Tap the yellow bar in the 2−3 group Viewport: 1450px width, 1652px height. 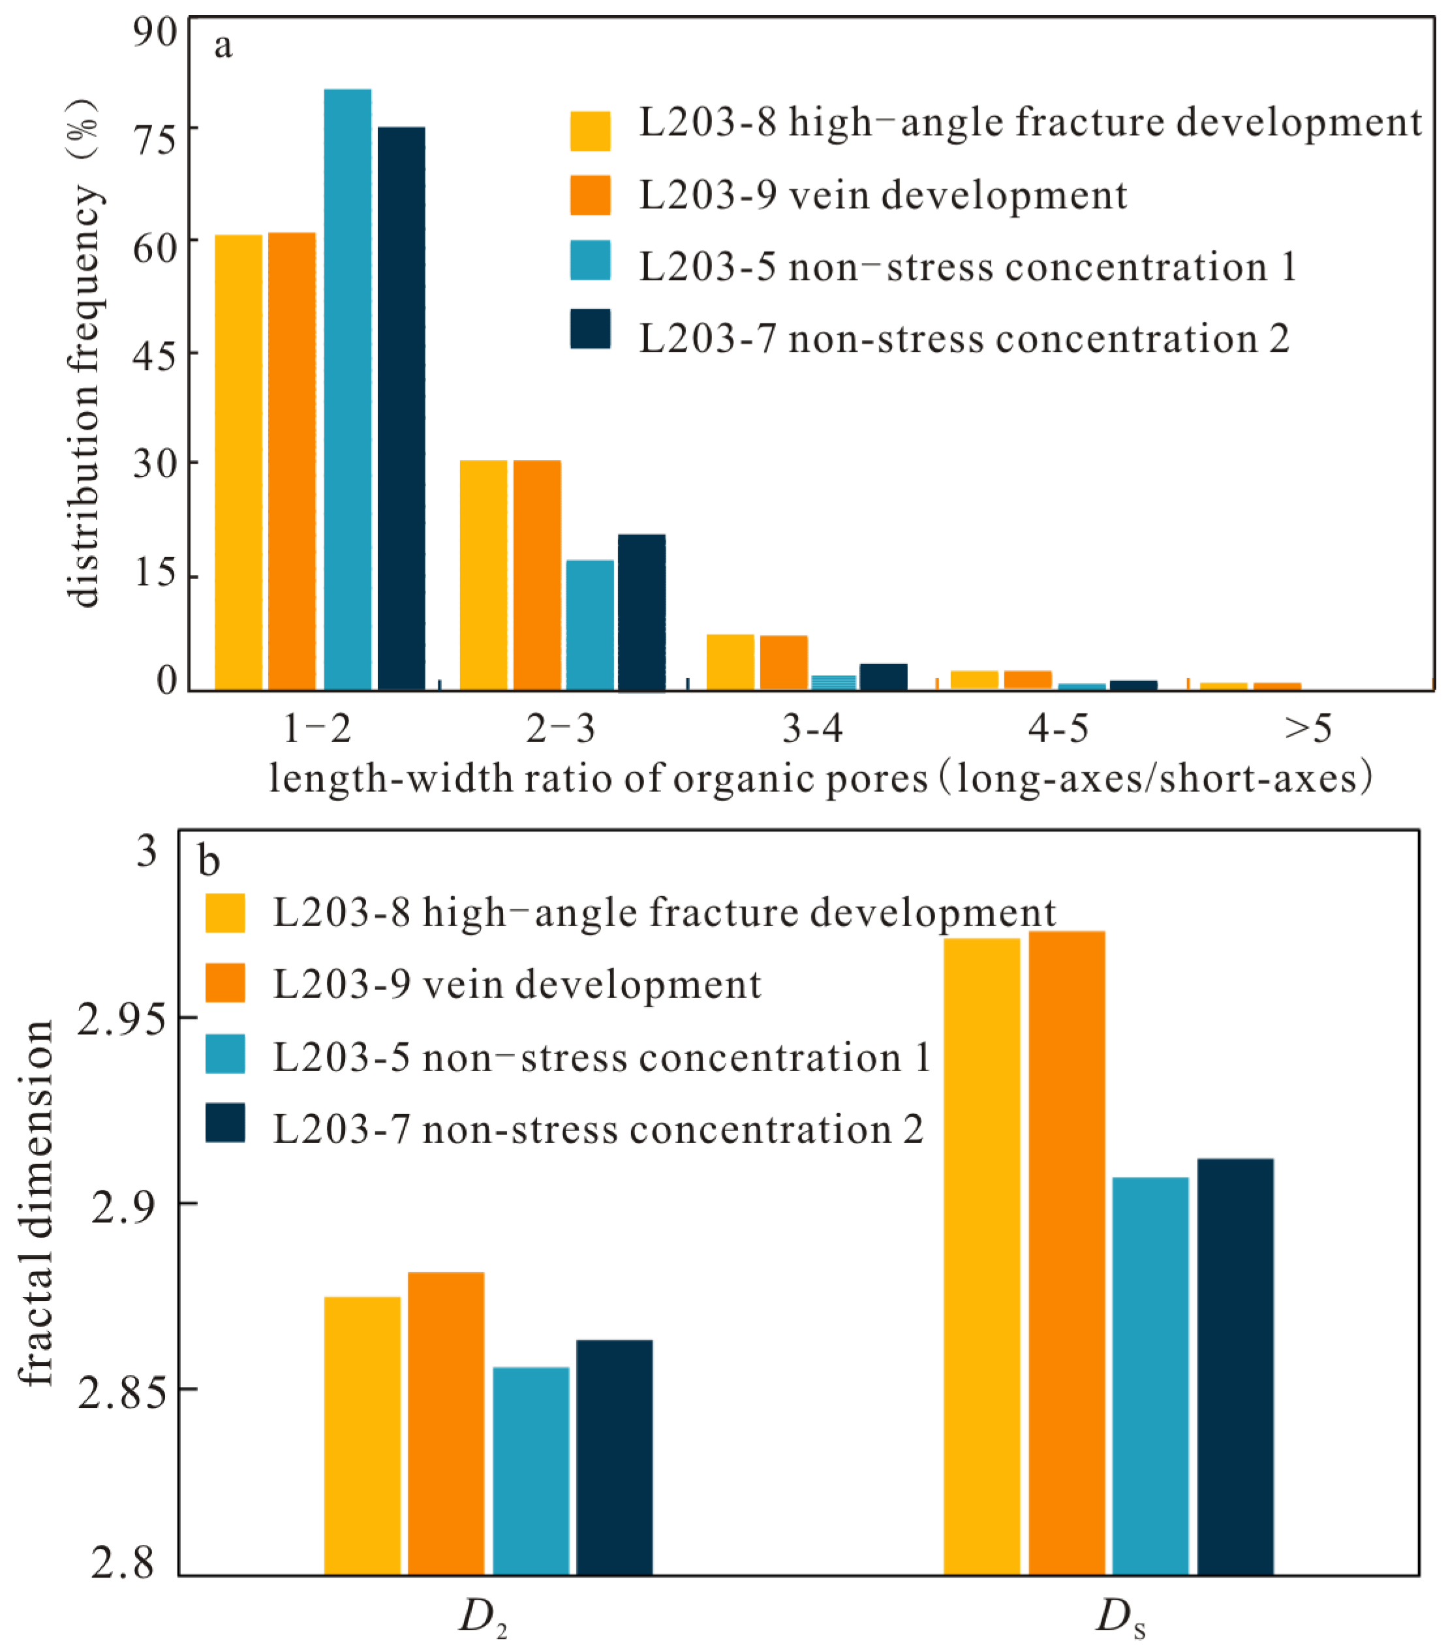point(484,574)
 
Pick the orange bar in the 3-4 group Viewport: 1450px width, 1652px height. point(783,662)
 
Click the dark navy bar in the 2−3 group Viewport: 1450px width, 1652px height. point(641,612)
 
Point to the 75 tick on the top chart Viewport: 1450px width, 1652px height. point(155,140)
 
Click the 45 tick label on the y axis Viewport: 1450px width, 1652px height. point(155,356)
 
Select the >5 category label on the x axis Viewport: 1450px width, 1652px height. point(1308,728)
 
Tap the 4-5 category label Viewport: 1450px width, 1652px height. point(1058,728)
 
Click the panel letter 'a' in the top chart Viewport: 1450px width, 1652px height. point(223,46)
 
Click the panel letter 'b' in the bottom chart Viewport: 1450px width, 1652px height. point(209,862)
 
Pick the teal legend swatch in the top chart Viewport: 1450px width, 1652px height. point(590,260)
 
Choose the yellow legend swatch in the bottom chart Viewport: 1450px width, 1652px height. point(224,913)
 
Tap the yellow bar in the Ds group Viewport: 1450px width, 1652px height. point(981,1256)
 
